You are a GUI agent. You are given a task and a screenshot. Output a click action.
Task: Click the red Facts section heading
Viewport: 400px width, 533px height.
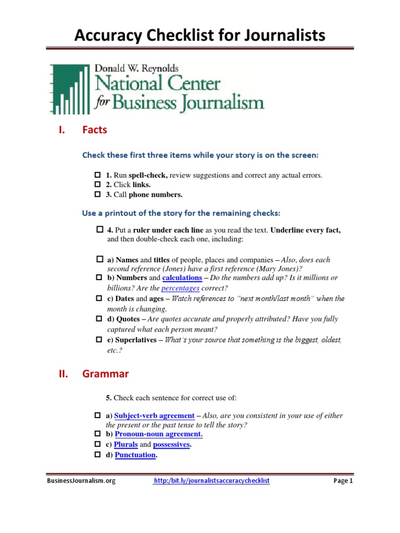94,130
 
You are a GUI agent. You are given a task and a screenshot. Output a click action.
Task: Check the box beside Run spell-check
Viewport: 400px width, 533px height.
96,175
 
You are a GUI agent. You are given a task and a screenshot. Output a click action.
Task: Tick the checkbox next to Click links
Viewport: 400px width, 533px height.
96,185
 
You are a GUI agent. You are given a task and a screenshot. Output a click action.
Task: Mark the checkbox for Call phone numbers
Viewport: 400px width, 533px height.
96,195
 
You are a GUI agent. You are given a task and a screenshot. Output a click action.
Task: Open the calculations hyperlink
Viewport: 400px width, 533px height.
182,278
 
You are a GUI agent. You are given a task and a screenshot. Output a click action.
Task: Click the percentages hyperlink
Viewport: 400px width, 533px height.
180,288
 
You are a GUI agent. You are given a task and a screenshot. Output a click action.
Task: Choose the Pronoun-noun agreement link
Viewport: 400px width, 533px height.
158,434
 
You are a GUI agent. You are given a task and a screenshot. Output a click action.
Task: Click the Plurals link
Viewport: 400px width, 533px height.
126,445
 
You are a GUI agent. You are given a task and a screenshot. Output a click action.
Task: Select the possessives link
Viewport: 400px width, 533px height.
171,445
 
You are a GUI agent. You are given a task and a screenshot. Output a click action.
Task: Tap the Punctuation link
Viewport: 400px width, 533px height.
135,455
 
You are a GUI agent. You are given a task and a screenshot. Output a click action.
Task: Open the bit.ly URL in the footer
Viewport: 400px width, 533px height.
211,481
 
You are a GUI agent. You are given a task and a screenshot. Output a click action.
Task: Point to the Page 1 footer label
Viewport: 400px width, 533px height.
343,481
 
